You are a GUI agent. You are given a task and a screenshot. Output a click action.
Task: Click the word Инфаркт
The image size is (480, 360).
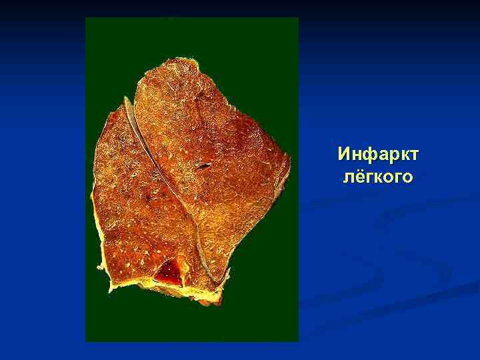click(377, 155)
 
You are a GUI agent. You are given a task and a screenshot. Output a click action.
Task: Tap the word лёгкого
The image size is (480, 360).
click(377, 177)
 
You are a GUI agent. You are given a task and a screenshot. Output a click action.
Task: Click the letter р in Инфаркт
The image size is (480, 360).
click(391, 157)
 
